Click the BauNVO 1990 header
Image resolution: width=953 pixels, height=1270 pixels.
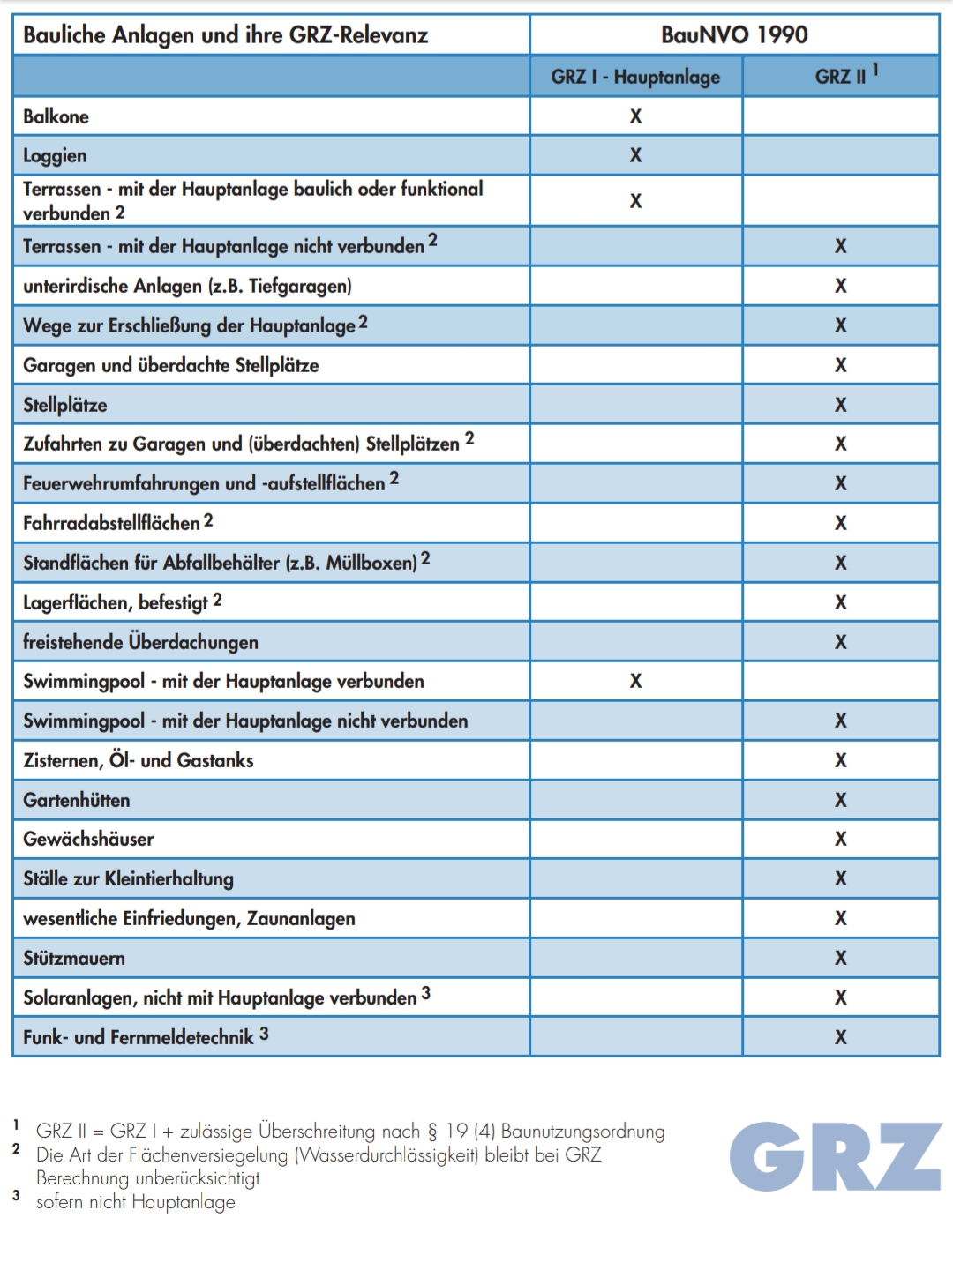point(734,35)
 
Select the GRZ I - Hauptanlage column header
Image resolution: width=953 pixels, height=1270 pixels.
point(635,77)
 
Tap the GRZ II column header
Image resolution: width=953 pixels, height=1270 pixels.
point(841,77)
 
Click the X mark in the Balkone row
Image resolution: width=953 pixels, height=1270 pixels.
point(635,116)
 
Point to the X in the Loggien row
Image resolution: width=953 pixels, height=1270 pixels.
point(635,155)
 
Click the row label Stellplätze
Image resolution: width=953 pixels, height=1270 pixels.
point(65,406)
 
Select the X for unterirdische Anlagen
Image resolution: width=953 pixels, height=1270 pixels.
point(841,286)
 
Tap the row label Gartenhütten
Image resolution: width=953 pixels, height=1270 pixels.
point(77,801)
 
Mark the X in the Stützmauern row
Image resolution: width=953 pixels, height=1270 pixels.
point(841,958)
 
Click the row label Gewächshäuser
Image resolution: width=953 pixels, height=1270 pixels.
point(88,840)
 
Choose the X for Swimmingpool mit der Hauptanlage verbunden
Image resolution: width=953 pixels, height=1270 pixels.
point(635,681)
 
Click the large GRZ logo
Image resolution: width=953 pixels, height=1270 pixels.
point(835,1156)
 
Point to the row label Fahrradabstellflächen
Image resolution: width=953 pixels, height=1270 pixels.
point(112,523)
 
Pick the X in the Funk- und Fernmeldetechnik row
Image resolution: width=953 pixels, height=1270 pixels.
point(841,1037)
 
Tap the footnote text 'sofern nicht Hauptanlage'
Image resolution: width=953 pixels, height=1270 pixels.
point(136,1202)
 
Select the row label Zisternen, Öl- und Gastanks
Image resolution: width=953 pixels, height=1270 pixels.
point(139,760)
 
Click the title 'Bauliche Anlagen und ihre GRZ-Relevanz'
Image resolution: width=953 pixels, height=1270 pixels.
point(226,35)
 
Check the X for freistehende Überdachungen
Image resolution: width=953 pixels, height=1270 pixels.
point(841,642)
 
